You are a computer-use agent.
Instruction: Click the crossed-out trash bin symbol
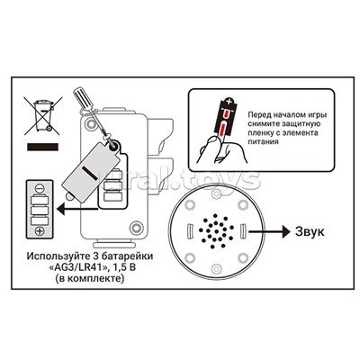click(43, 115)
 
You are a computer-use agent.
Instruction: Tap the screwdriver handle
click(81, 96)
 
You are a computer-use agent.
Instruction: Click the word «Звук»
click(310, 231)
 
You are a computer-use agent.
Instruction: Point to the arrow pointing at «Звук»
click(269, 231)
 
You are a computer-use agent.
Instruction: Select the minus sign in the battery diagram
click(40, 188)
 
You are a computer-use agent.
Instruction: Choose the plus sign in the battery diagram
click(40, 231)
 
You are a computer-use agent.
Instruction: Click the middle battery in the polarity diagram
click(40, 210)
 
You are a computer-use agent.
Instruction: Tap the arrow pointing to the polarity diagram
click(77, 207)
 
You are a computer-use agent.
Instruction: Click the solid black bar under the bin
click(42, 147)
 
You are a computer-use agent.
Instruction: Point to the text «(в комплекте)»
click(89, 278)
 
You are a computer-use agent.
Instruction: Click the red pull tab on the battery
click(222, 130)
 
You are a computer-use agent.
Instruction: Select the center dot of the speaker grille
click(215, 231)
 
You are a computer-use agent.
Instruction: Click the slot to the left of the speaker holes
click(189, 231)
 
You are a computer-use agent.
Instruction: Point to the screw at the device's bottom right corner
click(137, 228)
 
